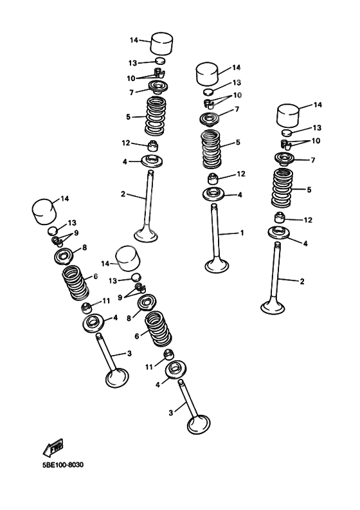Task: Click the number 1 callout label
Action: pos(242,233)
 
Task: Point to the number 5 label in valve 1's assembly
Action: pos(238,142)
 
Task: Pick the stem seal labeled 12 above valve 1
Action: pos(213,177)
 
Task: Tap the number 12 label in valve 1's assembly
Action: pos(241,174)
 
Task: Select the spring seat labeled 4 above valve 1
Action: pos(213,194)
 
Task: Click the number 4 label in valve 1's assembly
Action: pos(240,195)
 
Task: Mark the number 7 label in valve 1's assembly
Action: pos(237,110)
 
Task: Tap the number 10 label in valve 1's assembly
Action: pos(237,95)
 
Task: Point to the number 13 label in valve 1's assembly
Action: pos(237,83)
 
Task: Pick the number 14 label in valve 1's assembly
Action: pos(236,67)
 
